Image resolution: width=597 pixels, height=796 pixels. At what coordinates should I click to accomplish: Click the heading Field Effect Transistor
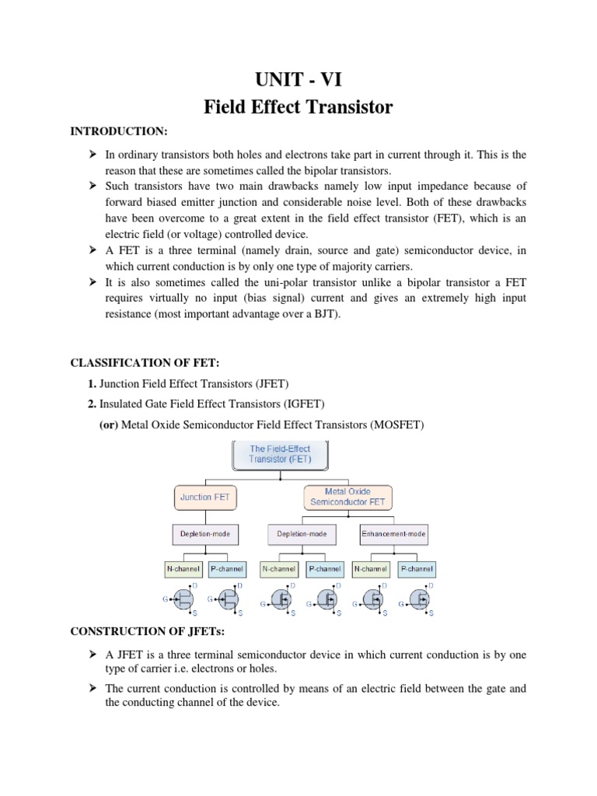[x=298, y=108]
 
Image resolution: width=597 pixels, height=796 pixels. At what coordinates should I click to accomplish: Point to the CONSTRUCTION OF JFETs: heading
[x=142, y=634]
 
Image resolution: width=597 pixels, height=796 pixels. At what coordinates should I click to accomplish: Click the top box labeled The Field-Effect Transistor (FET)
[x=280, y=454]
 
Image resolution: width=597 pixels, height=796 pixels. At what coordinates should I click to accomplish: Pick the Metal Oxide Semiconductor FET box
[x=347, y=497]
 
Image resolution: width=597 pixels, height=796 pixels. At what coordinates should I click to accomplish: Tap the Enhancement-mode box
[x=394, y=535]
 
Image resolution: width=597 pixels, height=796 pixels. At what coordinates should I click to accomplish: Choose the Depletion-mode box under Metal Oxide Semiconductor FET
[x=302, y=535]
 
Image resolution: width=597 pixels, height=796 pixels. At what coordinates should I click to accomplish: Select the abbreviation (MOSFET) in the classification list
[x=397, y=424]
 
